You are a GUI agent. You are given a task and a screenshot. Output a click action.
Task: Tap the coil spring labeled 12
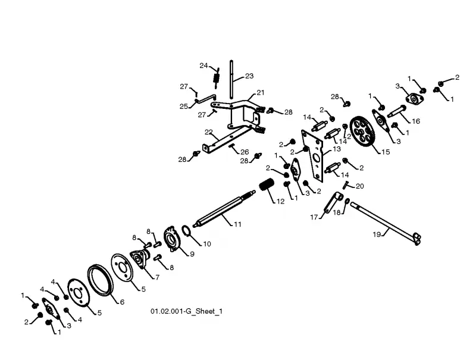tap(267, 184)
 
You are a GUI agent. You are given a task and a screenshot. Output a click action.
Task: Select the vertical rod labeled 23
tap(231, 79)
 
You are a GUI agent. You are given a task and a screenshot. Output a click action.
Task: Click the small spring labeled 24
tap(216, 78)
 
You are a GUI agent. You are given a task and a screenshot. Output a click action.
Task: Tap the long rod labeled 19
tap(386, 224)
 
